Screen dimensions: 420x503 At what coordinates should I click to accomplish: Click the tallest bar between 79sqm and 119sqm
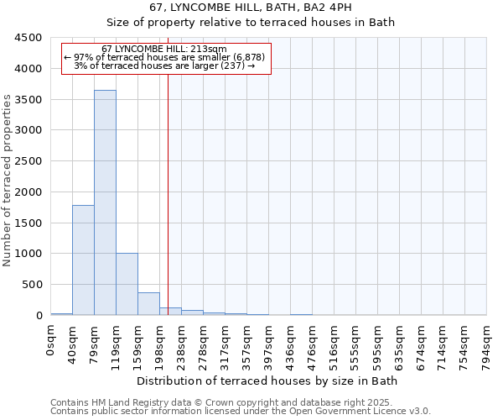tap(105, 202)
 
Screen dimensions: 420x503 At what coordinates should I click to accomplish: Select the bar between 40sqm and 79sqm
tap(83, 260)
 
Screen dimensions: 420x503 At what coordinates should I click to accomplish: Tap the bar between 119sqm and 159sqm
tap(127, 284)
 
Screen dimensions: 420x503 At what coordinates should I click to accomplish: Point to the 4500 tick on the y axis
tap(29, 38)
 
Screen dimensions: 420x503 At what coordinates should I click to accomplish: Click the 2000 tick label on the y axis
tap(29, 192)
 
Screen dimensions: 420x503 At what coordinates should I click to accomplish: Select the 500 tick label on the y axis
tap(32, 285)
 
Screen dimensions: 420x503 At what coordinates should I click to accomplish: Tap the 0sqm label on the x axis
tap(51, 337)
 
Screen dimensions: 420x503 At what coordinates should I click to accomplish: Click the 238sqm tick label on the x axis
tap(182, 342)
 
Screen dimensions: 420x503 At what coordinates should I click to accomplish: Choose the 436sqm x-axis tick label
tap(291, 342)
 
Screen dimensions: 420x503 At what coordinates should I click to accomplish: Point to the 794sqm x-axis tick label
tap(487, 342)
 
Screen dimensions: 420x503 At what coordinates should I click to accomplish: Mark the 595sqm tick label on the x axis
tap(378, 342)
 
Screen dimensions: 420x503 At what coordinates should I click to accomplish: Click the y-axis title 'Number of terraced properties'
tap(8, 181)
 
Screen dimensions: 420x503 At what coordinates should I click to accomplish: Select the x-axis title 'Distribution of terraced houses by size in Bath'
tap(267, 381)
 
